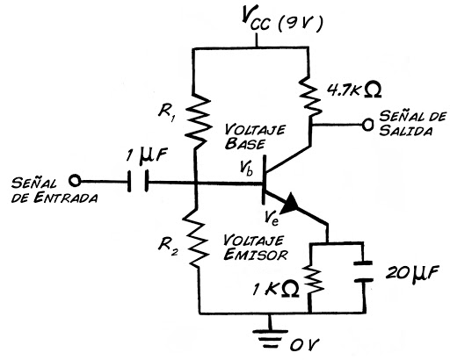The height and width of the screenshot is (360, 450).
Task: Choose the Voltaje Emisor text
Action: pyautogui.click(x=251, y=248)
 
